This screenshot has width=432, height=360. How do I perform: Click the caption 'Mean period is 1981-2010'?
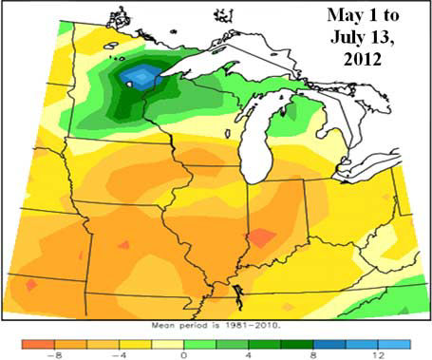pyautogui.click(x=214, y=324)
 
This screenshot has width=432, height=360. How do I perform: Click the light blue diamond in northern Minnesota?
pyautogui.click(x=141, y=75)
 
